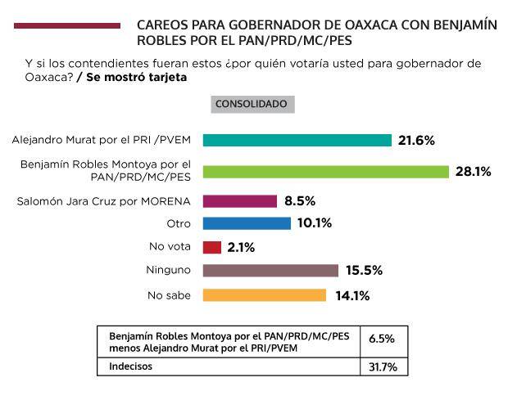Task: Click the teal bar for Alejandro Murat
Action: point(297,140)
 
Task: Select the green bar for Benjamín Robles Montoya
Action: point(325,172)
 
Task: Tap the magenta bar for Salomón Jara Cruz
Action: point(239,201)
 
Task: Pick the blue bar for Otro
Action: point(246,223)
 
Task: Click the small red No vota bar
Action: point(211,247)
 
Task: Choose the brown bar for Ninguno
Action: point(270,271)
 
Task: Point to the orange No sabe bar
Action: point(264,295)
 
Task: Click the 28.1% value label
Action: point(473,172)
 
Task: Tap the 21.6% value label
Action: point(416,140)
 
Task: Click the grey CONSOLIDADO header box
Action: point(251,105)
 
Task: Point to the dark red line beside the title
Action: point(66,26)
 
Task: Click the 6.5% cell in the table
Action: point(383,338)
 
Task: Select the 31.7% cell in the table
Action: point(383,367)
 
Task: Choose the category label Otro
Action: point(179,223)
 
